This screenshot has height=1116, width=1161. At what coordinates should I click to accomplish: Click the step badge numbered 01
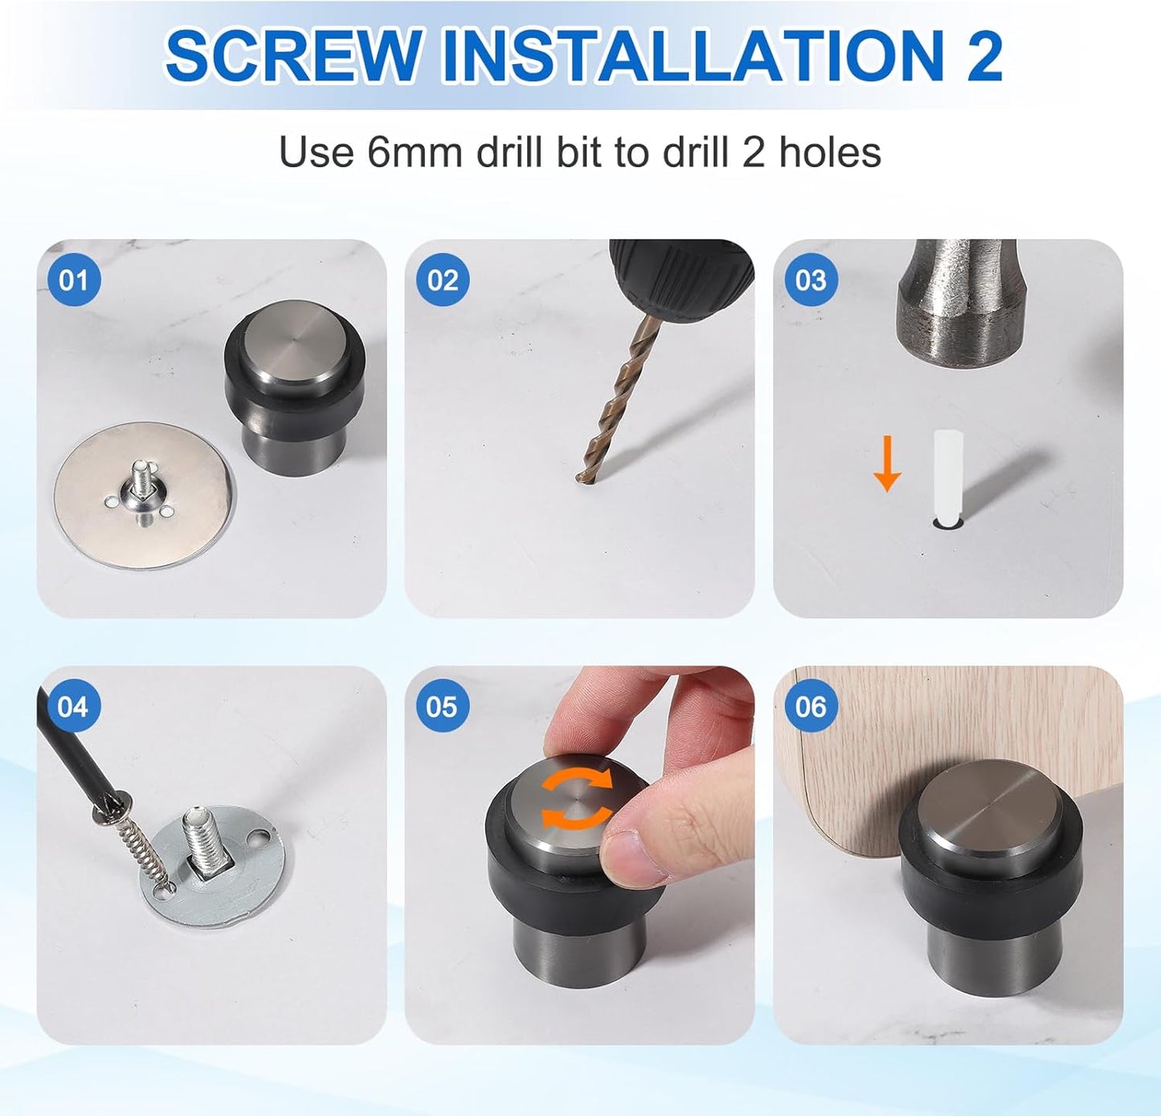[x=73, y=280]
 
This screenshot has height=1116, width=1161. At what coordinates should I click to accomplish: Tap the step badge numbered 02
[x=442, y=280]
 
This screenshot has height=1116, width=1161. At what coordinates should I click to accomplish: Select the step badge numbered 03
[x=810, y=280]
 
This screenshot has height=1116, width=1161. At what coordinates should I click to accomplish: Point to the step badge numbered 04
[x=73, y=706]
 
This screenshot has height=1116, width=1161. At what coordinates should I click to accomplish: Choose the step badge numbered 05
[x=442, y=706]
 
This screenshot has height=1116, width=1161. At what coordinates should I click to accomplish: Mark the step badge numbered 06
[x=810, y=706]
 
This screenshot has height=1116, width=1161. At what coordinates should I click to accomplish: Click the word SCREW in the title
[x=292, y=56]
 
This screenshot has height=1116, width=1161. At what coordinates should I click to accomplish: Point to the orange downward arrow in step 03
[x=887, y=464]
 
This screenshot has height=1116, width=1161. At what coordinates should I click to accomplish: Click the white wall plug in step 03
[x=948, y=476]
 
